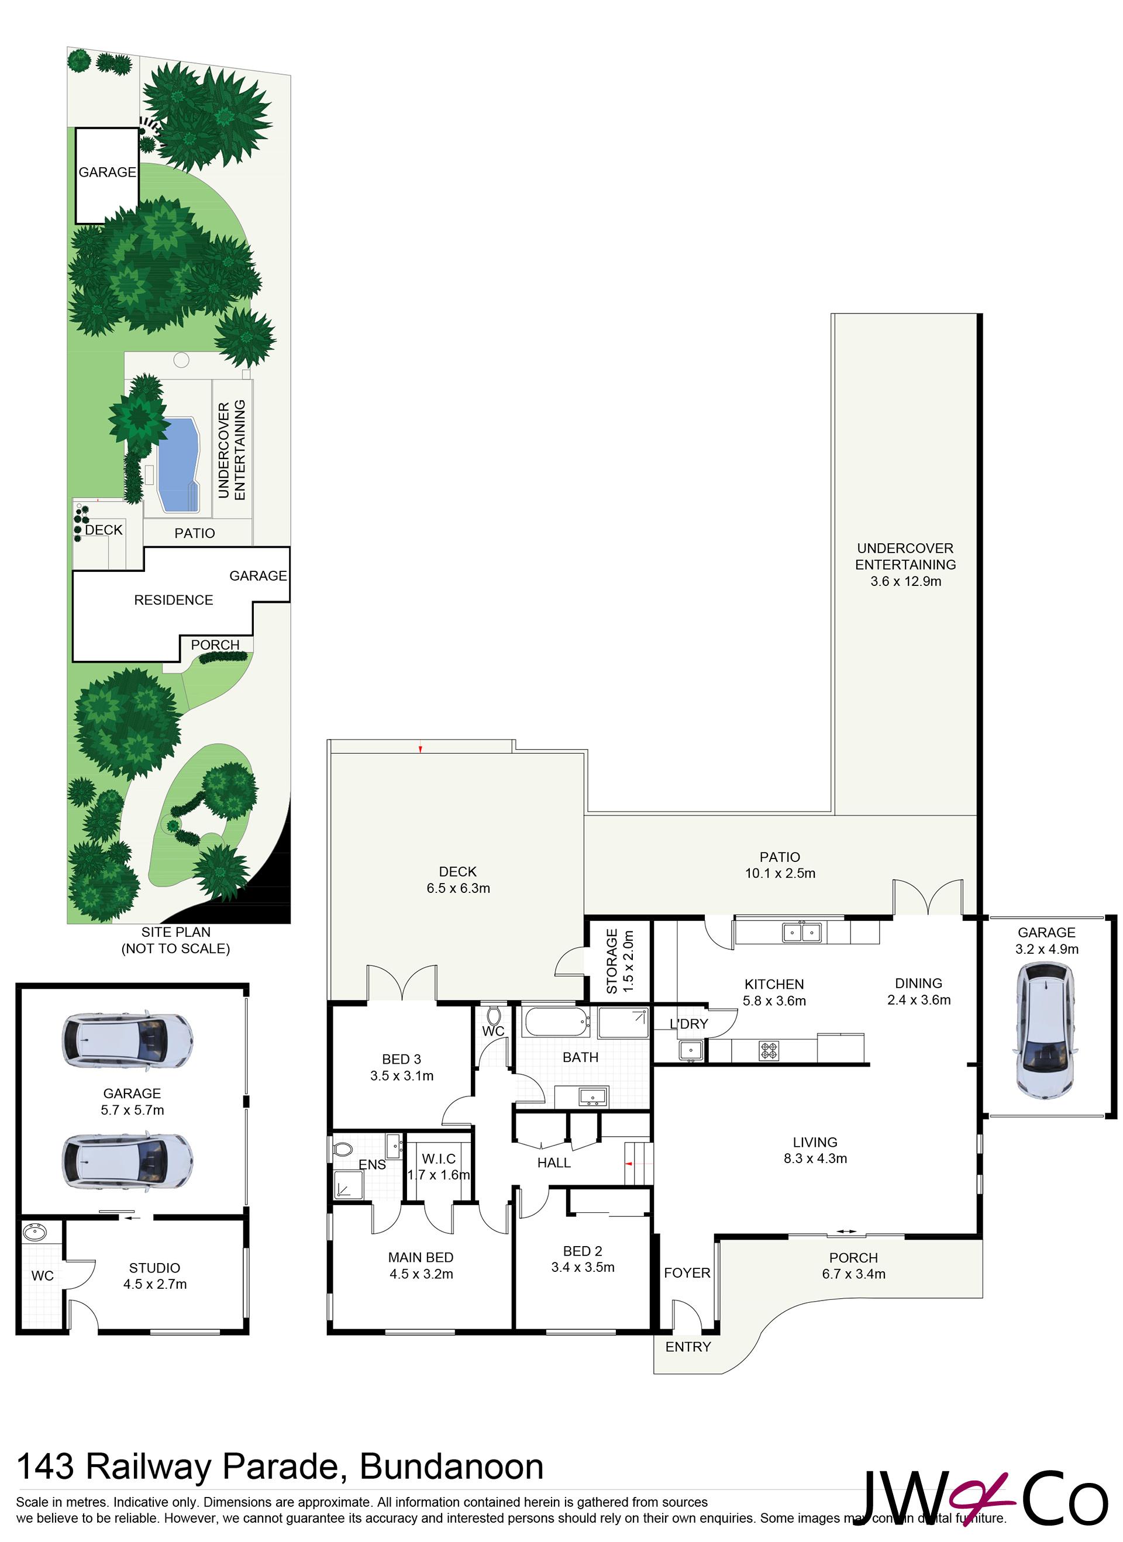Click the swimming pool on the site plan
tap(178, 465)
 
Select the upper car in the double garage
tap(127, 1041)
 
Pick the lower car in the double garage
tap(127, 1161)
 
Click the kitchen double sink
tap(802, 932)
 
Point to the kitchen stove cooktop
tap(769, 1051)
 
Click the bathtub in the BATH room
tap(556, 1022)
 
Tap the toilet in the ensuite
tap(343, 1150)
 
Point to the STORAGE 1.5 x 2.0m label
tap(619, 961)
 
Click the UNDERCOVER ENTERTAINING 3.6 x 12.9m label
tap(905, 564)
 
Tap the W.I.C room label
tap(439, 1158)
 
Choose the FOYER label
tap(687, 1273)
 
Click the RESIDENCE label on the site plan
tap(174, 600)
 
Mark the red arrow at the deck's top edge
tap(421, 749)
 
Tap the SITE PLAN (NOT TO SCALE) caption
tap(175, 940)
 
